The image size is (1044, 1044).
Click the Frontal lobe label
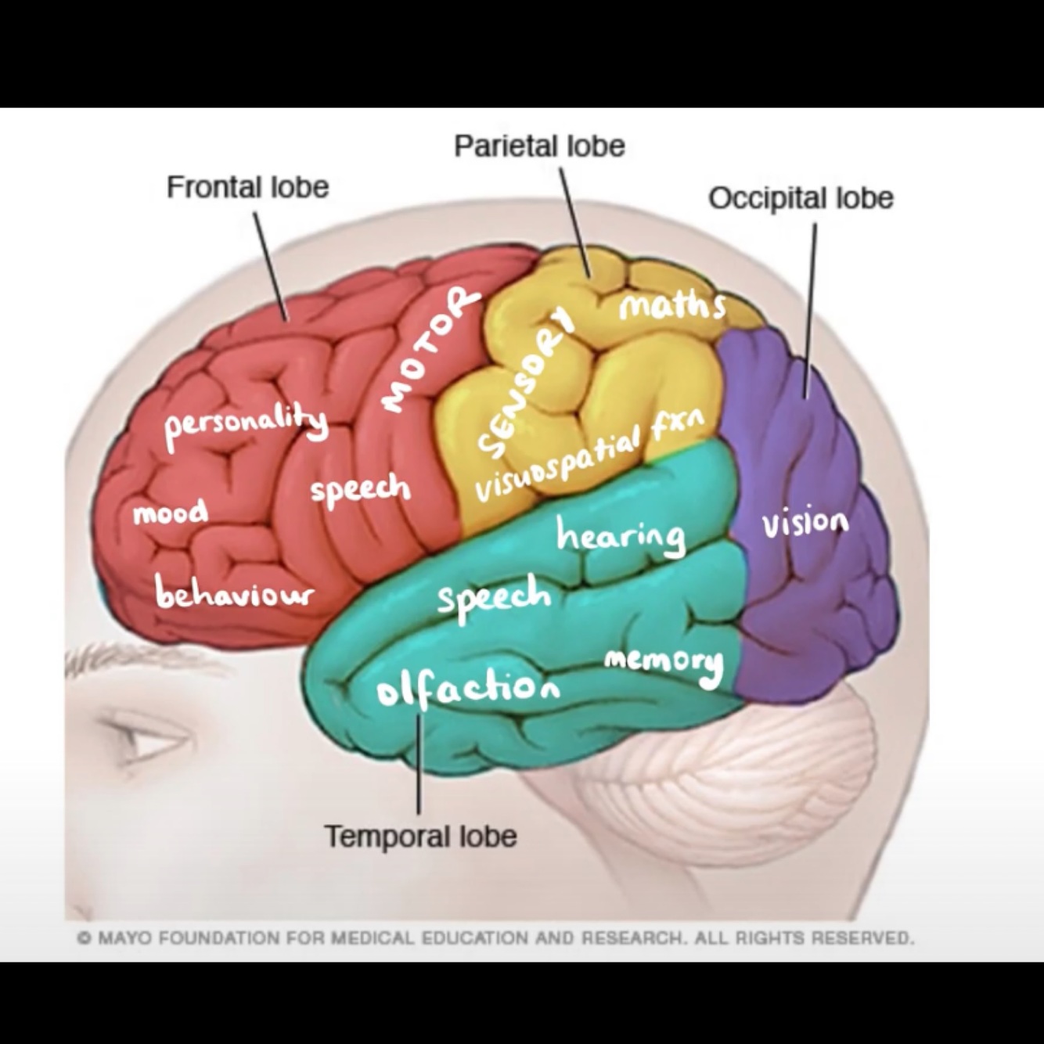point(247,188)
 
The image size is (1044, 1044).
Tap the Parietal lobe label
point(539,146)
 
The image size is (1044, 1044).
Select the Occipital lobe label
point(801,198)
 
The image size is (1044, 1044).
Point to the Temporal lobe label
point(420,836)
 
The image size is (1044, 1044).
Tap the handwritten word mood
point(171,513)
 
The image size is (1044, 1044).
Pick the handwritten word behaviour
point(234,592)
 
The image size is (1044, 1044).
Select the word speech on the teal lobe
point(494,598)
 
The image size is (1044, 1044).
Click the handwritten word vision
point(805,523)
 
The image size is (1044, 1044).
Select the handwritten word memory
point(664,664)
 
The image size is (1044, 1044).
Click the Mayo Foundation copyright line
point(495,937)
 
